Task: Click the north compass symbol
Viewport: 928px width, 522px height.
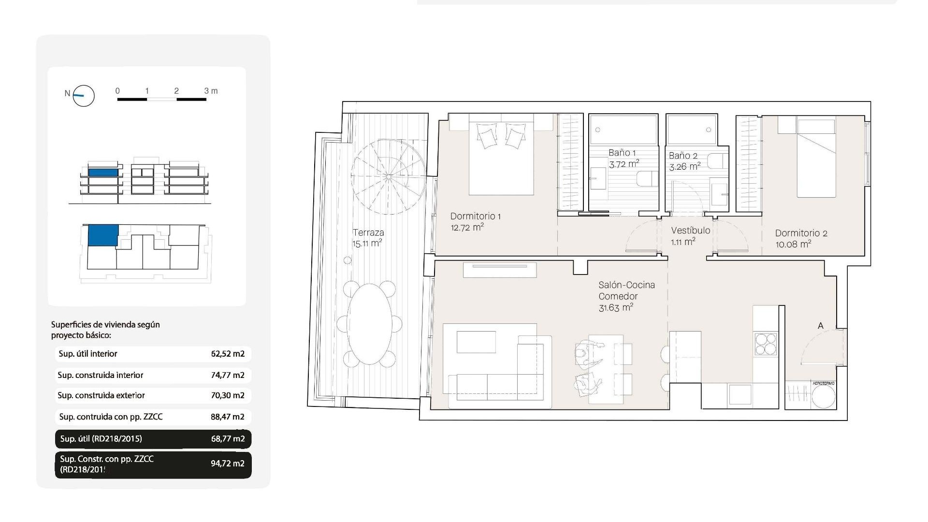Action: [x=83, y=96]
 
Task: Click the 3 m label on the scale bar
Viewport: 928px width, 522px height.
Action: [x=211, y=91]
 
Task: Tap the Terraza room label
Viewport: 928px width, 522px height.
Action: [x=368, y=232]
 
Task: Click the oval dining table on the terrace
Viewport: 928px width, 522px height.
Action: [x=370, y=324]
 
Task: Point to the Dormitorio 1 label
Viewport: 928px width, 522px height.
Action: [x=475, y=216]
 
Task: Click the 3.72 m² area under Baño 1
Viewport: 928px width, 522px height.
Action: [x=623, y=164]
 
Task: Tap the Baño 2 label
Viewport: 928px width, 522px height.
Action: [x=683, y=156]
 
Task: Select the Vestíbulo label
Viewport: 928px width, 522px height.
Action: [x=690, y=231]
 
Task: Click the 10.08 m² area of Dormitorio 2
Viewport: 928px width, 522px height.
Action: [x=793, y=245]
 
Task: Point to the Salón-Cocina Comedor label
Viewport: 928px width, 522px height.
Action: [x=626, y=290]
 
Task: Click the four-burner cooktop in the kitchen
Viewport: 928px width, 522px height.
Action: [x=766, y=344]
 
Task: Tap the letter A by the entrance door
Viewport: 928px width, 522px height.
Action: [x=820, y=326]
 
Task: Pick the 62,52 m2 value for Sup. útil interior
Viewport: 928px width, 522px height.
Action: [x=228, y=354]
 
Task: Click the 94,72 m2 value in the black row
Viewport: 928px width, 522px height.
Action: [x=228, y=464]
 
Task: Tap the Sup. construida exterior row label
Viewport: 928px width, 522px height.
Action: [x=101, y=395]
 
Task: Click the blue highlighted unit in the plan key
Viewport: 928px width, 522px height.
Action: [x=102, y=235]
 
